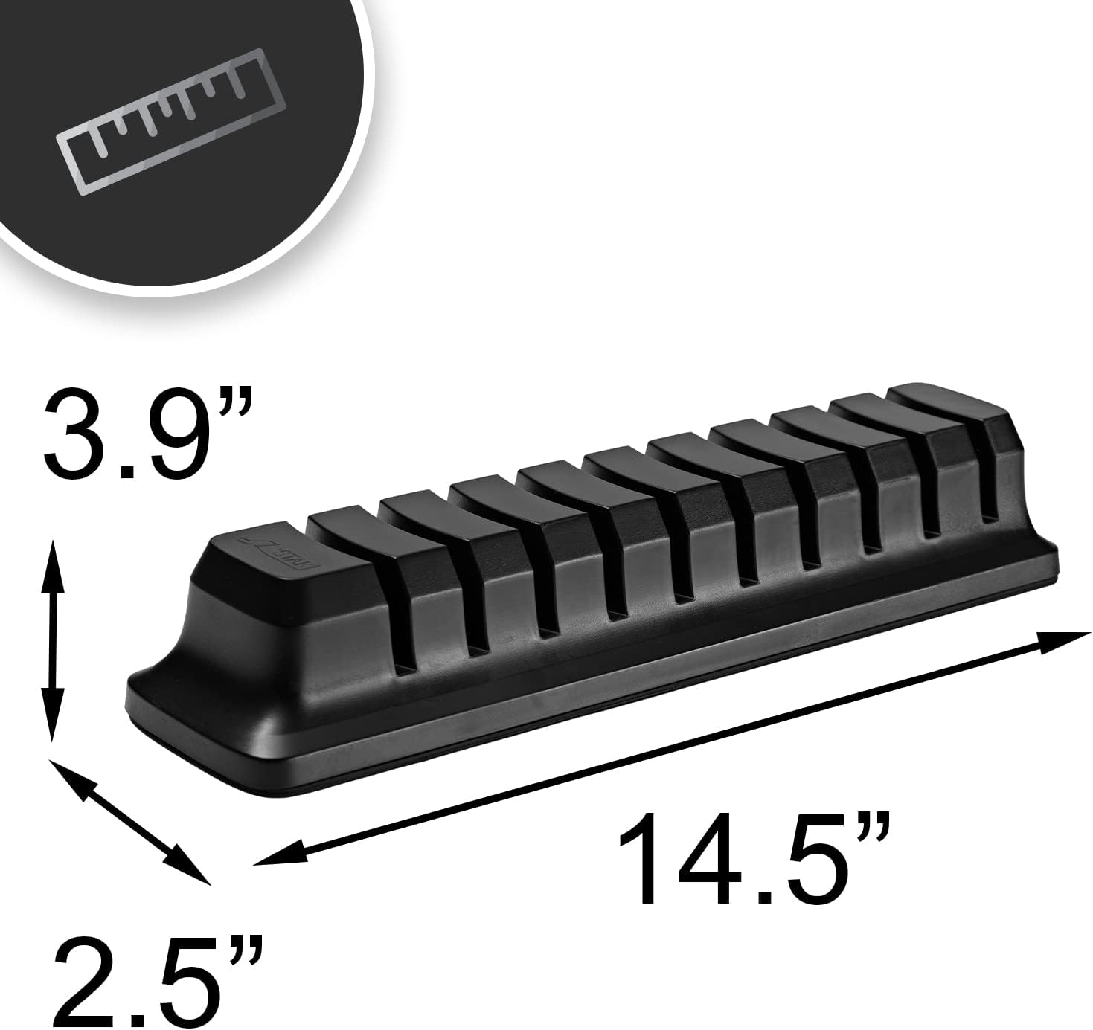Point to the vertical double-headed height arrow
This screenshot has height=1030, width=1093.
[51, 640]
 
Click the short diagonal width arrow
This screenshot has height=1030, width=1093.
[130, 822]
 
